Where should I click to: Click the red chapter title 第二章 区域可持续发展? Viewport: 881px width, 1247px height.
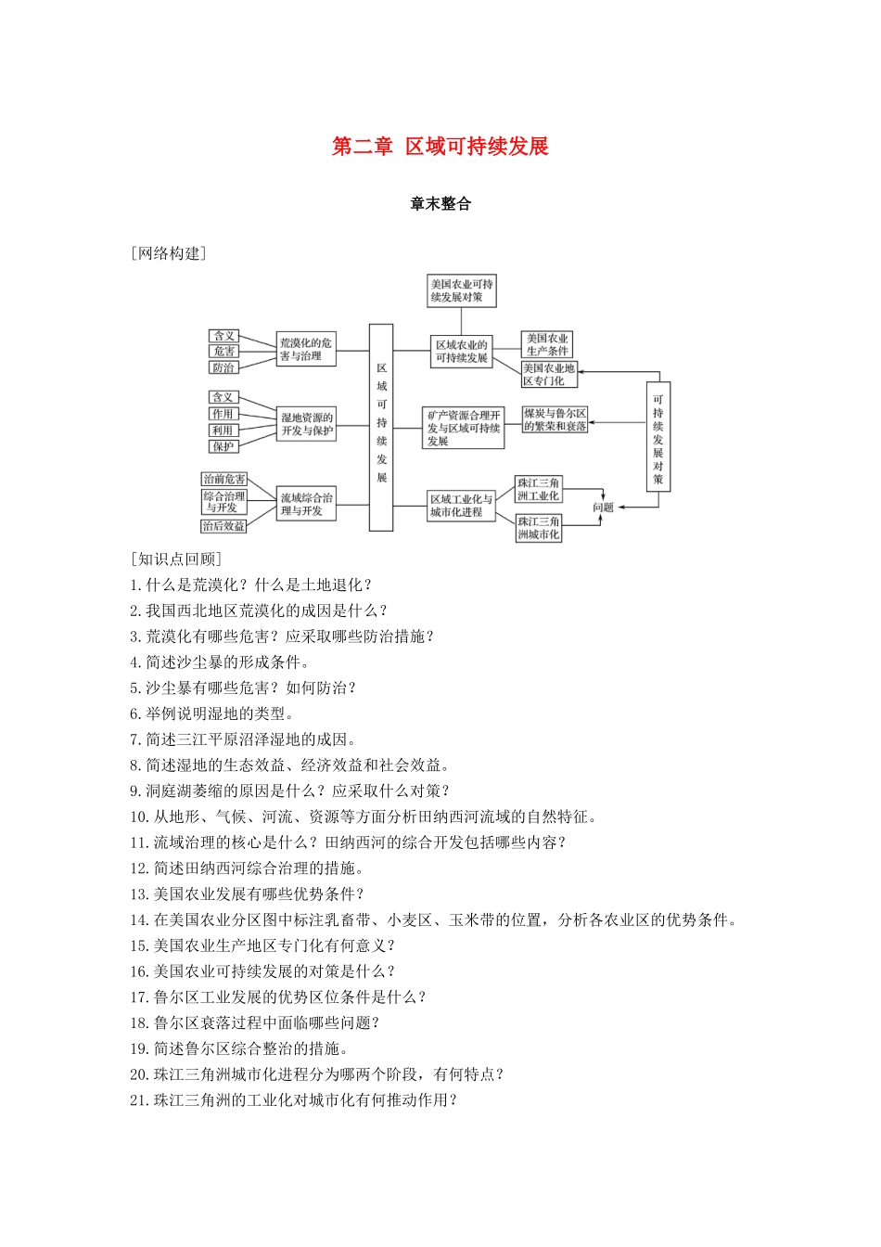(440, 147)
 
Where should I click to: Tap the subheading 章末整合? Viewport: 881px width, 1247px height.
(440, 204)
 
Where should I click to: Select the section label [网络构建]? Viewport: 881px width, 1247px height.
(169, 253)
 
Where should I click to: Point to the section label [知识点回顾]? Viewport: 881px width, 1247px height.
(176, 559)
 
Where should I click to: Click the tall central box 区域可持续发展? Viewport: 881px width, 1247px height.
(381, 427)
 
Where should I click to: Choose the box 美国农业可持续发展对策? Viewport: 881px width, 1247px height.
(462, 290)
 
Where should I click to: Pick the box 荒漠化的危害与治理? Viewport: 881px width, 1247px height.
(306, 350)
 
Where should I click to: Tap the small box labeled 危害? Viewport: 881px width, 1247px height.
(224, 352)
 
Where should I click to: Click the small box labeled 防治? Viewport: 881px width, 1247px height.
(224, 367)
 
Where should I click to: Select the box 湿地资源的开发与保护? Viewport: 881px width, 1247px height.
(306, 424)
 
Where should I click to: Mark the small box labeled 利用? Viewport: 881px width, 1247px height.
(223, 431)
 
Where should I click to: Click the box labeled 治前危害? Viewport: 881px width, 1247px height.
(224, 479)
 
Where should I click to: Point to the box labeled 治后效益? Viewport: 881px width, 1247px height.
(224, 526)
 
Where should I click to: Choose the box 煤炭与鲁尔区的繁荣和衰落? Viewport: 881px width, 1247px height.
(555, 419)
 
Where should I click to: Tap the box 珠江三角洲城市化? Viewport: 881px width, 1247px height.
(539, 528)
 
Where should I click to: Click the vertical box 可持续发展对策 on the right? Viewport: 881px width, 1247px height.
(658, 436)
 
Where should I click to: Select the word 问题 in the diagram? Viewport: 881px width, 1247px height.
(604, 508)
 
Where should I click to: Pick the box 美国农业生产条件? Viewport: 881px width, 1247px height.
(547, 344)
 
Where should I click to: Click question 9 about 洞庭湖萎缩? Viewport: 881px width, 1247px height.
(289, 791)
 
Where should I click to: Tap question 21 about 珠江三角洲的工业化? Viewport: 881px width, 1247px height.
(294, 1100)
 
